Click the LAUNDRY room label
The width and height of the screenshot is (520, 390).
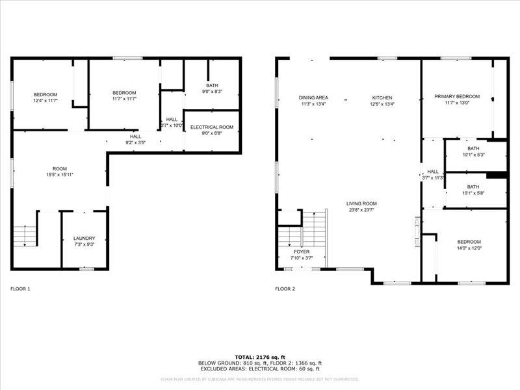[x=84, y=239]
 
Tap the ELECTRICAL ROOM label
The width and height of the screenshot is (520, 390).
[x=212, y=127]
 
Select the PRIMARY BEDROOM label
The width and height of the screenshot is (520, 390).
[x=457, y=97]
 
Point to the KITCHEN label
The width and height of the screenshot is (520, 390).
[x=382, y=97]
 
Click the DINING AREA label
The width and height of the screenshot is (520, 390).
[x=313, y=97]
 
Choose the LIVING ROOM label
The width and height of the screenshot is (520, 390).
[x=361, y=203]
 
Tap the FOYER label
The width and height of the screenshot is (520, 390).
[x=302, y=252]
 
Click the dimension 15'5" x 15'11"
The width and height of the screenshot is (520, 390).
[x=60, y=175]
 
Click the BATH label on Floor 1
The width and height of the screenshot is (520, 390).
[x=212, y=85]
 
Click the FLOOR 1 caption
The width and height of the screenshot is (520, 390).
[x=20, y=289]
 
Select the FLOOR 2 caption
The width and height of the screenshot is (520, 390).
[x=285, y=289]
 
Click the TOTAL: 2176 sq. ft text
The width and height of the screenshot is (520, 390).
[x=260, y=357]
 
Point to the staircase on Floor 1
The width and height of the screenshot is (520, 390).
[x=24, y=236]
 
